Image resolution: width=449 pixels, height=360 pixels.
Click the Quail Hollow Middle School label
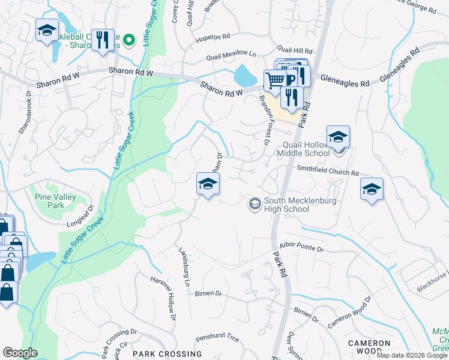tap(303, 149)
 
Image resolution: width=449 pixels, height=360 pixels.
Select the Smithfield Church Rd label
tap(327, 170)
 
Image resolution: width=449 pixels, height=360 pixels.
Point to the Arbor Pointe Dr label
tap(301, 247)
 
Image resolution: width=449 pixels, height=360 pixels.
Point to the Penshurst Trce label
tap(217, 338)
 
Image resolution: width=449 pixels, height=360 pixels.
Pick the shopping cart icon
tap(275, 79)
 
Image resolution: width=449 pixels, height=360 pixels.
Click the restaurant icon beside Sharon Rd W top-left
tap(103, 40)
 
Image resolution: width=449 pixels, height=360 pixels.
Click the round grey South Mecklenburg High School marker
tap(255, 205)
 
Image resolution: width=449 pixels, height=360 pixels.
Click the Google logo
tap(20, 353)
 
